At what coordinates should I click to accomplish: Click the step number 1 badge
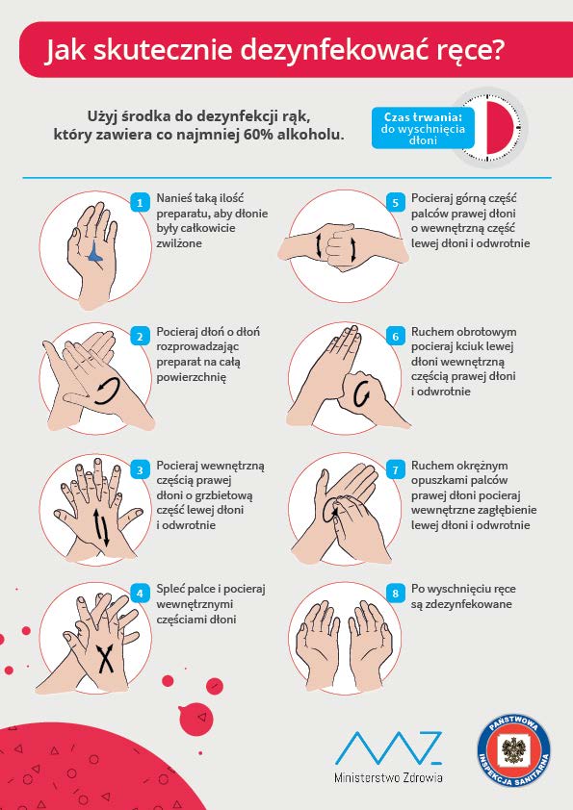(x=140, y=202)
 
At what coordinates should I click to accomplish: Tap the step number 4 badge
(x=140, y=594)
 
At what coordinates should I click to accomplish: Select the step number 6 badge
(x=396, y=337)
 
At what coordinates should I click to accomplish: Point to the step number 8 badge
(x=396, y=594)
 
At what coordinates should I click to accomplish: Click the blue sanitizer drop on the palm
(x=95, y=252)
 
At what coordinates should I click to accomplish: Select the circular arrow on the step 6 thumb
(x=362, y=395)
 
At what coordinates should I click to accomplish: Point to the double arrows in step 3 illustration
(x=101, y=527)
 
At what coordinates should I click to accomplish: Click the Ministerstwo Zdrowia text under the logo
(x=388, y=777)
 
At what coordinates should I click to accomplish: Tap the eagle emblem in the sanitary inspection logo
(x=513, y=750)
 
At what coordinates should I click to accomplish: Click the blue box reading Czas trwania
(x=423, y=128)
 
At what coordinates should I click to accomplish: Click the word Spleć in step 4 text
(x=170, y=590)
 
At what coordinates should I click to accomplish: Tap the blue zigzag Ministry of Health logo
(x=388, y=747)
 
